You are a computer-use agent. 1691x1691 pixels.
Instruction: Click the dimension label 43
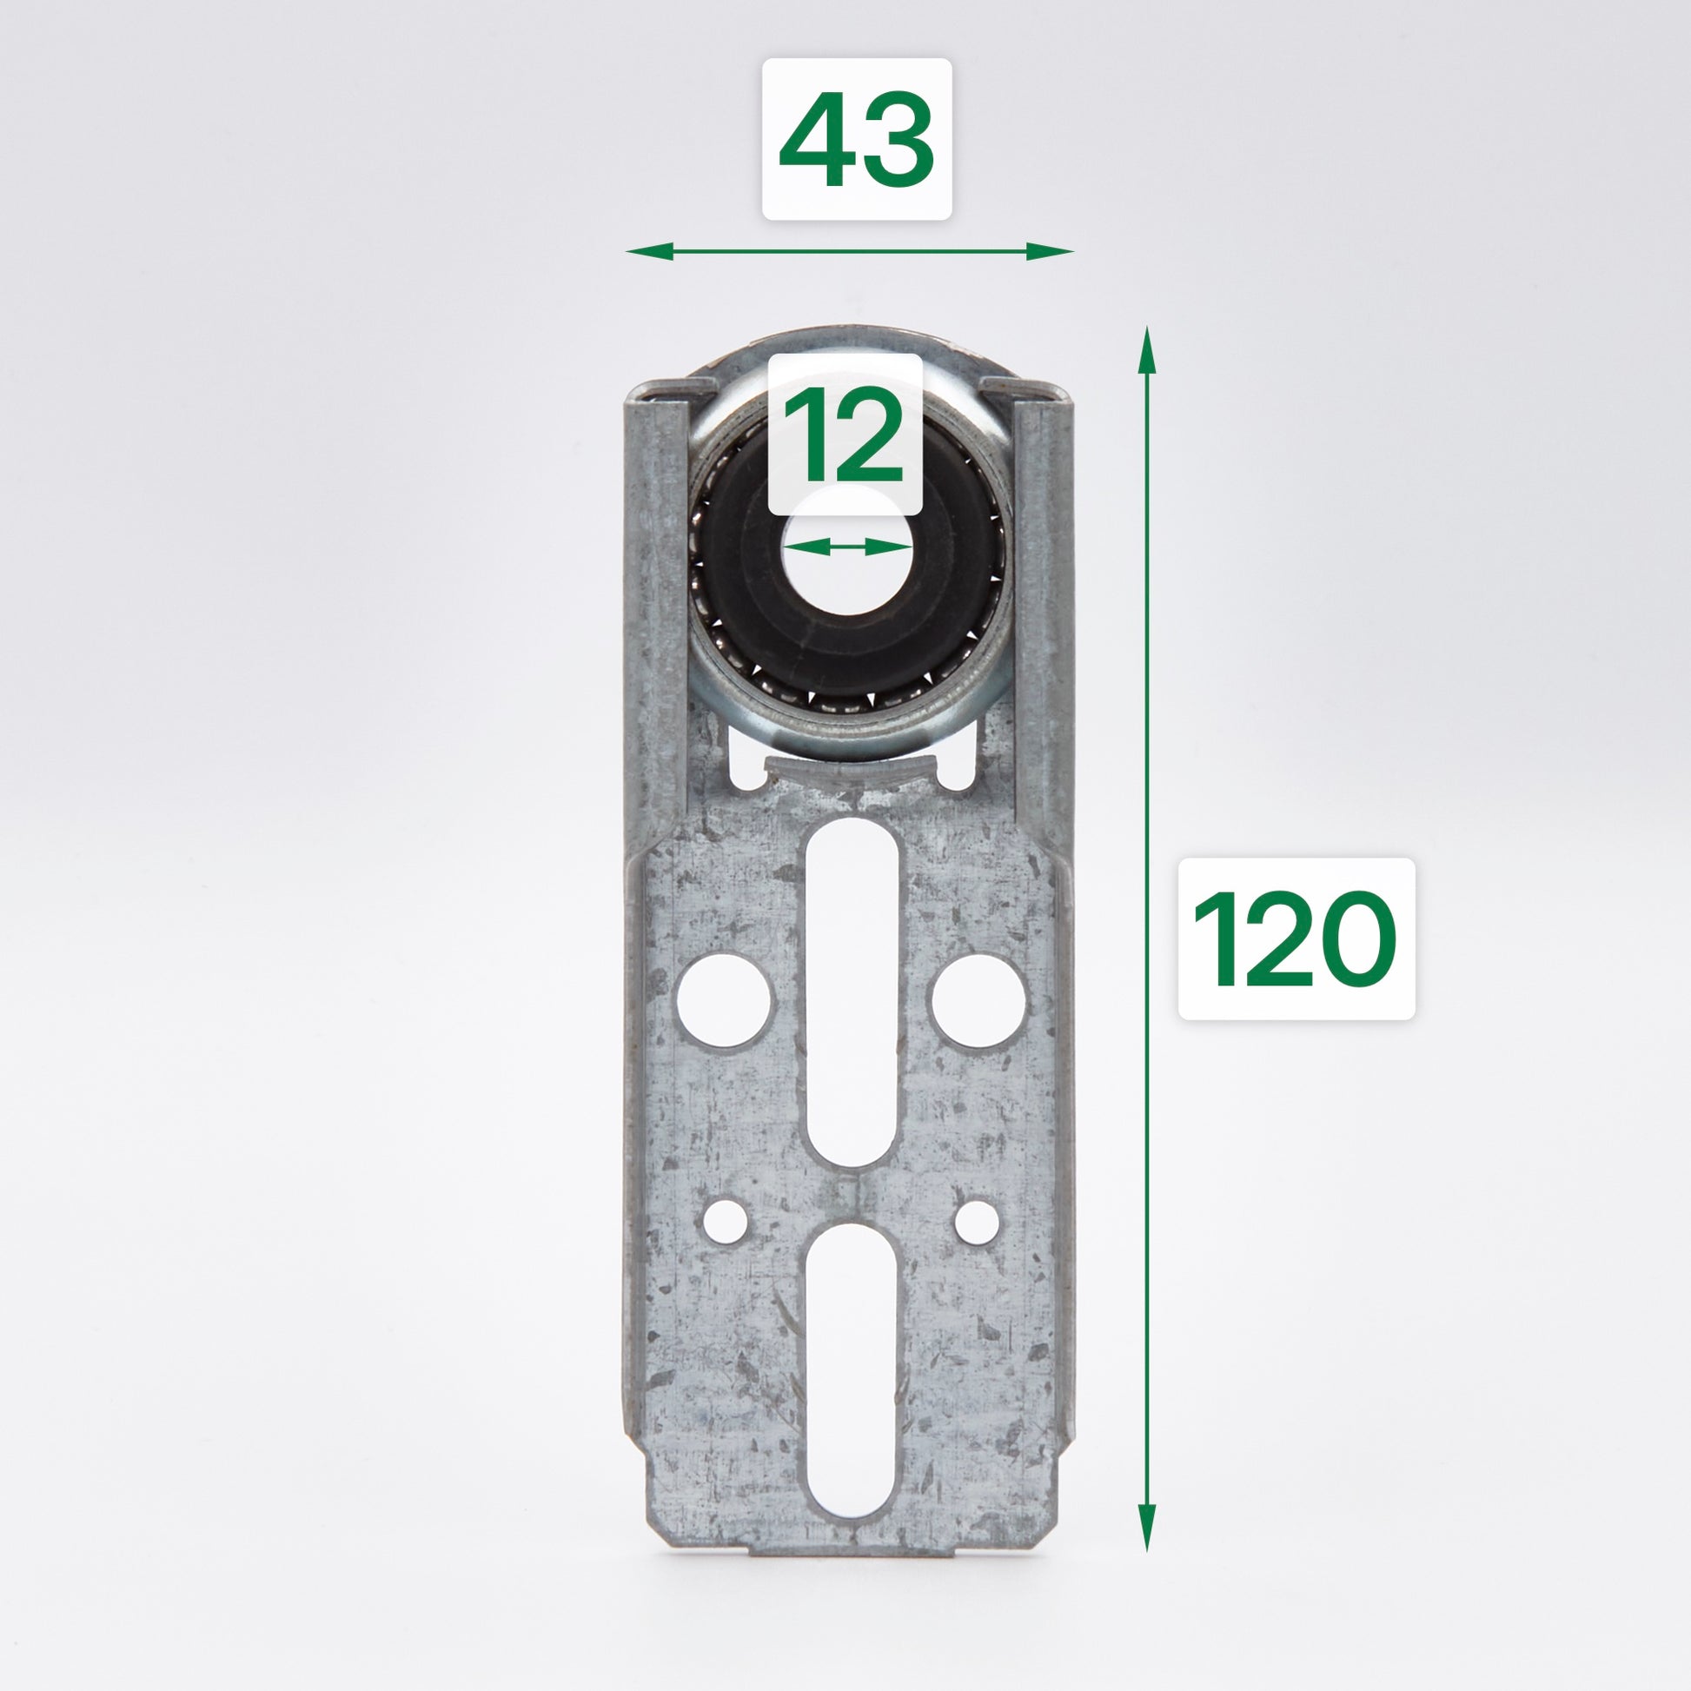click(x=856, y=138)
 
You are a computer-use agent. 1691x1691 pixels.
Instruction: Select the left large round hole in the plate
click(x=726, y=1000)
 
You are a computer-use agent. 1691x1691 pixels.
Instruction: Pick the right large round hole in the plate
click(x=978, y=1000)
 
